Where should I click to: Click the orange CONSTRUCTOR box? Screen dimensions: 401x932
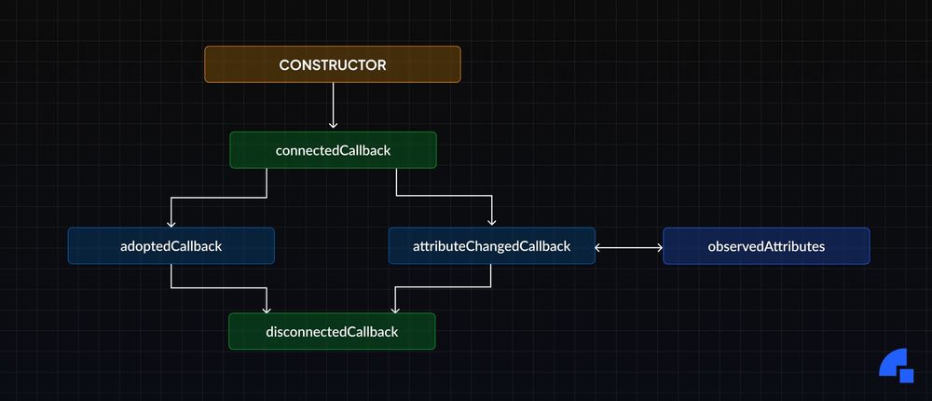[333, 64]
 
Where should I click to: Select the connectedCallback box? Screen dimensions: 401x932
[333, 150]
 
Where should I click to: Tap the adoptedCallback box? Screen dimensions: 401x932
[171, 245]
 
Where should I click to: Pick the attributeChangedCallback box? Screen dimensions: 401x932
[491, 245]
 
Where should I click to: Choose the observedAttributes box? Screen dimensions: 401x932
[766, 245]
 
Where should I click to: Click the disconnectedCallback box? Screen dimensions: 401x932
[332, 331]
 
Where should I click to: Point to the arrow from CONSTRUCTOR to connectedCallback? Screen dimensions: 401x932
[333, 104]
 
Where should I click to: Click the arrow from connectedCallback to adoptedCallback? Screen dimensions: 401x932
[214, 197]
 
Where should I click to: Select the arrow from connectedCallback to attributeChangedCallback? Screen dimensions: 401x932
[447, 197]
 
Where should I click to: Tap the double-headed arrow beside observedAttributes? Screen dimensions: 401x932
[628, 247]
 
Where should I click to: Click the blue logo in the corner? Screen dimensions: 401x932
[897, 365]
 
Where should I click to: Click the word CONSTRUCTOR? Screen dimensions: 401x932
[333, 64]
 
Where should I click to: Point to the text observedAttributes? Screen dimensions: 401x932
[766, 246]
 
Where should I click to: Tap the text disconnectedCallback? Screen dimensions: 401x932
[332, 332]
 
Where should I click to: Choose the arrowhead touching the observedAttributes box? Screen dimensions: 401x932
[658, 247]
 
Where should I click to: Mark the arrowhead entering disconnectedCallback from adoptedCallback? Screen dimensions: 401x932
[267, 308]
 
